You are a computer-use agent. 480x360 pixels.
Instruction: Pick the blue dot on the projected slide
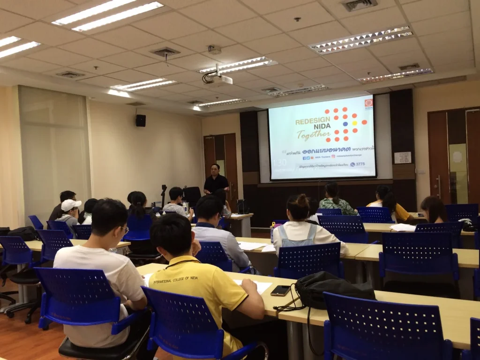pos(345,124)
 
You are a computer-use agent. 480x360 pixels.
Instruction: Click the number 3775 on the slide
pos(360,164)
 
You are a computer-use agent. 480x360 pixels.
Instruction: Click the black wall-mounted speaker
pos(141,120)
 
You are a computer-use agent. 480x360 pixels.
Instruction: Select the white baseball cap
pos(71,205)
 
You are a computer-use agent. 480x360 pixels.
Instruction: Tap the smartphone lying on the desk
pos(280,290)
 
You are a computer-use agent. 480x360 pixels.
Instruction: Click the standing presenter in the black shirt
pos(216,180)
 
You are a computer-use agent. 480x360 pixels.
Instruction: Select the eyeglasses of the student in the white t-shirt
pos(125,229)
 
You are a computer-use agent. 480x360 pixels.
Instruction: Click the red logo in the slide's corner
pos(369,103)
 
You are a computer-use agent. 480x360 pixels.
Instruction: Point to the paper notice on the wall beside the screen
pos(402,157)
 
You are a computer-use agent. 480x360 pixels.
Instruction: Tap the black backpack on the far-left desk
pos(24,232)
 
